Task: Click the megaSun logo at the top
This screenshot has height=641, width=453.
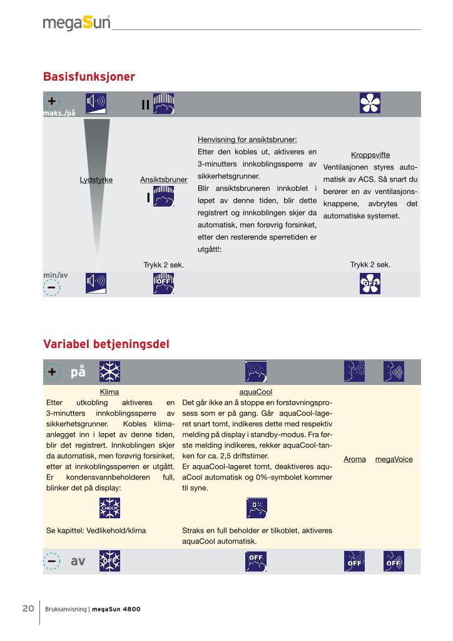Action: [x=76, y=23]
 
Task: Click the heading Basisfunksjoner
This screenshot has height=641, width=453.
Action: [x=89, y=77]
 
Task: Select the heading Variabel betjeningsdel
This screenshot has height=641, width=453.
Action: [x=106, y=344]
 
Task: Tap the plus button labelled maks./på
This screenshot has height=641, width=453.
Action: [x=51, y=101]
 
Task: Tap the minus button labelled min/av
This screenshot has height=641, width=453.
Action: [x=51, y=286]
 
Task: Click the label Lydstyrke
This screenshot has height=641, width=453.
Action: [x=96, y=180]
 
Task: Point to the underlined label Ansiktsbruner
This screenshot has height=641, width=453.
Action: [x=164, y=180]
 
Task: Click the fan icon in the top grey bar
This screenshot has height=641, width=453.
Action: [x=370, y=103]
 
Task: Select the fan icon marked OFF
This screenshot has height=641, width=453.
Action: [x=370, y=284]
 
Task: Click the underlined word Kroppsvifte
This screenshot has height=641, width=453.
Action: [x=370, y=155]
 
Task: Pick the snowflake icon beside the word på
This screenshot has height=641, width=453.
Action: [x=109, y=372]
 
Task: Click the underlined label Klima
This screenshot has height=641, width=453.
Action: [x=109, y=392]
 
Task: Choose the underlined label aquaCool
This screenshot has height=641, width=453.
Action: [x=256, y=392]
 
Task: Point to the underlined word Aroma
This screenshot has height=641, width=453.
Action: [x=355, y=459]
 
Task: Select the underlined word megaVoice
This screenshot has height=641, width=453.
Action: [x=394, y=459]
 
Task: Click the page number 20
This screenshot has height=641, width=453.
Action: [x=28, y=608]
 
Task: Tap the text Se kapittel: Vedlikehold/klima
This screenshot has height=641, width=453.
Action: [x=96, y=530]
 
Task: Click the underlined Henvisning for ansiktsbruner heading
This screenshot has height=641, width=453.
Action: [x=247, y=140]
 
